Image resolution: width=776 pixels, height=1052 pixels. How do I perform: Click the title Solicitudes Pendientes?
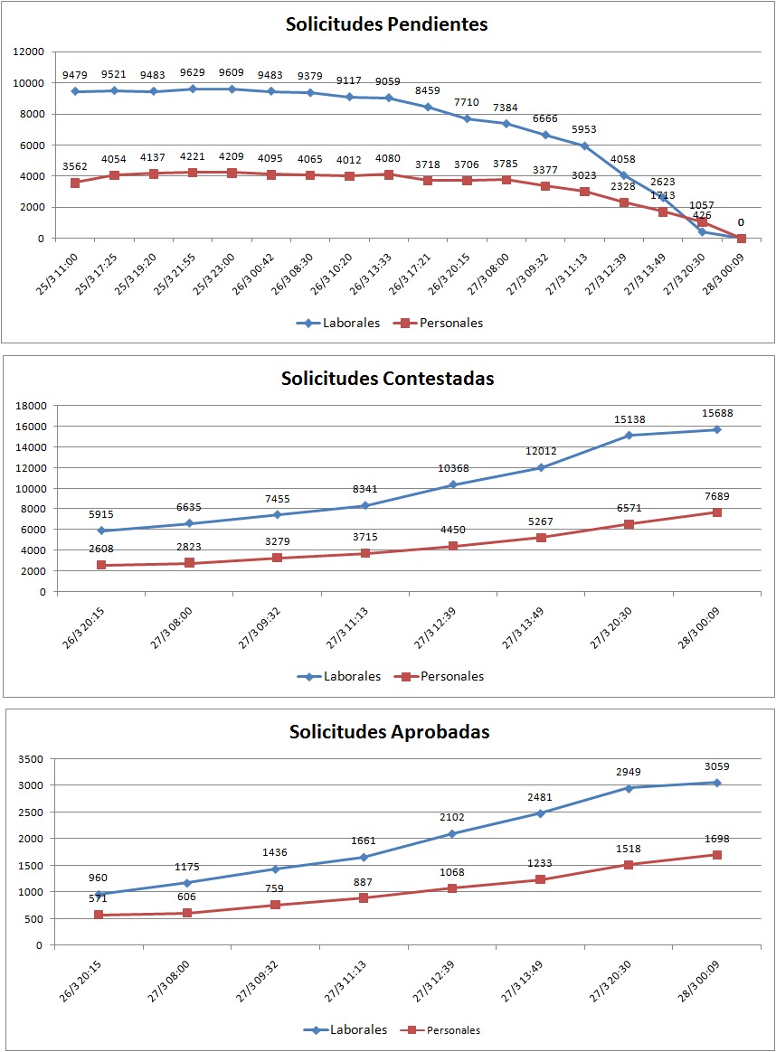pyautogui.click(x=386, y=24)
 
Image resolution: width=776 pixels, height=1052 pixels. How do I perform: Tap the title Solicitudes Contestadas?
pyautogui.click(x=387, y=379)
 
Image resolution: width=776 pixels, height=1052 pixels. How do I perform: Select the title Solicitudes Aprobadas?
pyautogui.click(x=389, y=732)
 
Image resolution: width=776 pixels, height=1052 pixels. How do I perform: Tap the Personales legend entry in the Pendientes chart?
pyautogui.click(x=439, y=323)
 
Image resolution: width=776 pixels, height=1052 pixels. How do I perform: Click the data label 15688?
pyautogui.click(x=716, y=414)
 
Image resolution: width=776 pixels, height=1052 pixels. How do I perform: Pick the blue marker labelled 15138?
pyautogui.click(x=629, y=436)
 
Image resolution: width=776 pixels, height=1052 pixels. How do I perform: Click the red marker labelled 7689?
pyautogui.click(x=716, y=512)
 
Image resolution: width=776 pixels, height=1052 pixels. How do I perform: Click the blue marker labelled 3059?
pyautogui.click(x=716, y=783)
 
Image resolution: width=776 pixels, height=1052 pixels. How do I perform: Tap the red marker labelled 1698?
pyautogui.click(x=716, y=855)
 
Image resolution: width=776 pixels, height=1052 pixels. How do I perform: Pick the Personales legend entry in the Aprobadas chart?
pyautogui.click(x=444, y=1030)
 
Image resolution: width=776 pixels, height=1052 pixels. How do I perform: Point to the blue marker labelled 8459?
pyautogui.click(x=428, y=107)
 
